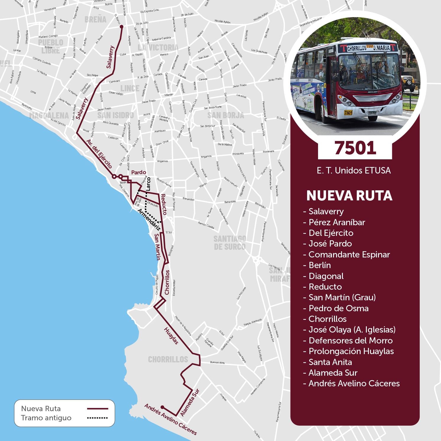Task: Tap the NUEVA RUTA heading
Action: coord(349,195)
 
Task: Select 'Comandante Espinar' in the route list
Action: coord(349,254)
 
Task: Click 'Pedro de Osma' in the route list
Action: coord(338,308)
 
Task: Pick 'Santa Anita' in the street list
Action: coord(330,362)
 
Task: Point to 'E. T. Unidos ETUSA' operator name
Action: coord(354,171)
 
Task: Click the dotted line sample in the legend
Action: coord(97,418)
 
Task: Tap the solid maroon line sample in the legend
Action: coord(97,408)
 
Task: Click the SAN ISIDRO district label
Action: coord(116,115)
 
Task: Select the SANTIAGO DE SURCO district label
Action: coord(230,243)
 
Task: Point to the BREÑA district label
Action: coord(95,20)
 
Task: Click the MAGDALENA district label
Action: coord(49,116)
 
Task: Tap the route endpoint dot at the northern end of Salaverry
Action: coord(121,27)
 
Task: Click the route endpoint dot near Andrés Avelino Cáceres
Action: coord(162,407)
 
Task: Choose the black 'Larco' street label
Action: coord(148,184)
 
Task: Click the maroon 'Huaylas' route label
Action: coord(171,336)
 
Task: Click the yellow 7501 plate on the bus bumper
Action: coord(348,112)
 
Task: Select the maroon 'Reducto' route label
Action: coord(164,204)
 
